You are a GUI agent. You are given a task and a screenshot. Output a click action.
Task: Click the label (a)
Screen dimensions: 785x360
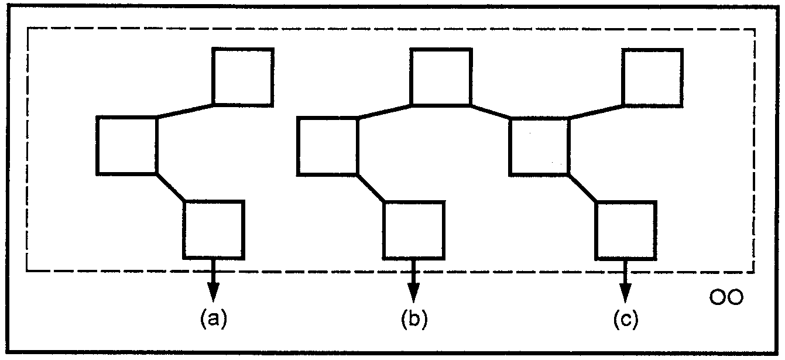click(x=214, y=318)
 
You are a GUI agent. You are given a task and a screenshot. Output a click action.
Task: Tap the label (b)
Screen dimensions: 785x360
click(x=414, y=318)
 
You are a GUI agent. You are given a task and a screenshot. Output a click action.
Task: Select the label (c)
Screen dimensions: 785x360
click(x=626, y=318)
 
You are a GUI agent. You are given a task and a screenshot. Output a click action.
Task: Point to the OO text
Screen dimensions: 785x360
click(x=726, y=297)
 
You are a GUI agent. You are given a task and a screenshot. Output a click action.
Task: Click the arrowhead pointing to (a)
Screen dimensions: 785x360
click(x=214, y=292)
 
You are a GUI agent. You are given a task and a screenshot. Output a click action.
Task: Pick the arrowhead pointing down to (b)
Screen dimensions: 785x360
click(x=413, y=293)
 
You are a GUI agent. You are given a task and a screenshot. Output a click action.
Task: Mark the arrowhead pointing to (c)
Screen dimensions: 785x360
click(x=626, y=293)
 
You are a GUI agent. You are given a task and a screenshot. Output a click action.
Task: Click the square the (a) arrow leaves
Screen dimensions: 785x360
click(x=214, y=230)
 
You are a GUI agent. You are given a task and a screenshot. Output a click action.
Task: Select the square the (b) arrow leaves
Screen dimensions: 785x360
click(x=414, y=230)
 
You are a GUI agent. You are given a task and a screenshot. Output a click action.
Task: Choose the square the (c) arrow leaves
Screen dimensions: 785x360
click(x=626, y=231)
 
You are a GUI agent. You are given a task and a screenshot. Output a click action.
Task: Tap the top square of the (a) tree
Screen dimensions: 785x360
click(x=243, y=77)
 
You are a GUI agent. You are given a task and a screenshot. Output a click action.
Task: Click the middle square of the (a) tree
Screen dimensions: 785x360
click(x=127, y=146)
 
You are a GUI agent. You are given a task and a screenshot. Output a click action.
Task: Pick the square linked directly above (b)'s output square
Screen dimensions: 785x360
click(x=328, y=146)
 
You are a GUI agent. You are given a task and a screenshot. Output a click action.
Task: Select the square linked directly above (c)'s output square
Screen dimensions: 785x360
click(x=539, y=146)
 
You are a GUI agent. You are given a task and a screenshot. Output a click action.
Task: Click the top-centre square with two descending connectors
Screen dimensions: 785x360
click(x=441, y=77)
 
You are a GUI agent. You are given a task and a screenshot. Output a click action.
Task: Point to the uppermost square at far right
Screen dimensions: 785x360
click(x=653, y=77)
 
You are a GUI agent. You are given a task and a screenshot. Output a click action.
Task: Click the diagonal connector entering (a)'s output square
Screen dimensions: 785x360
click(x=170, y=187)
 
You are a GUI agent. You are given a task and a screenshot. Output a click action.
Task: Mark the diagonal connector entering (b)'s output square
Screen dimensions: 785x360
click(x=371, y=187)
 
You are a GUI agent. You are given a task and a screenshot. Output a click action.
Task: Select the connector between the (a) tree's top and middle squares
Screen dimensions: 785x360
click(x=185, y=111)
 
